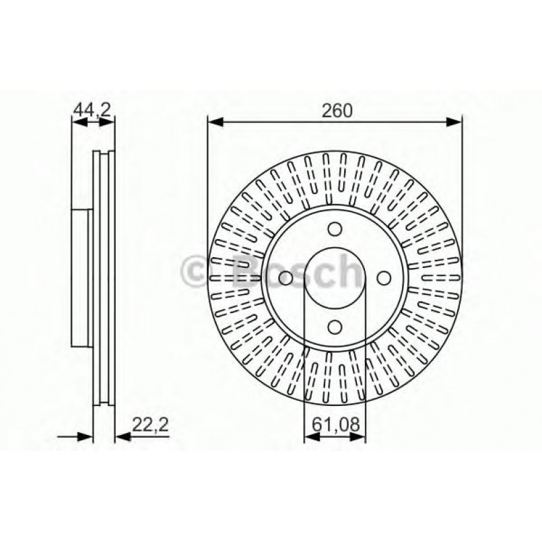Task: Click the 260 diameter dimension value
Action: tap(337, 111)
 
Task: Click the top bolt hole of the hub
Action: tap(335, 229)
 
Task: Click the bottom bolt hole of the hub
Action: tap(335, 327)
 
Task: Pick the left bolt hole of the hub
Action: tap(285, 277)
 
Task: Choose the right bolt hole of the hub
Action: tap(383, 277)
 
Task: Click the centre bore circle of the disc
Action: tap(335, 277)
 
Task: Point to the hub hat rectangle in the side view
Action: tap(81, 277)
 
